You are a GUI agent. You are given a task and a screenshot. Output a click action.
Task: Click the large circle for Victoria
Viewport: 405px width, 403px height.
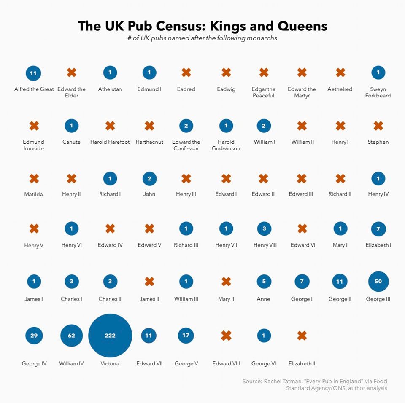pos(110,336)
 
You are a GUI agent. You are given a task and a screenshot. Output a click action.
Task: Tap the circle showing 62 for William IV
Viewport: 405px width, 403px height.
pos(72,336)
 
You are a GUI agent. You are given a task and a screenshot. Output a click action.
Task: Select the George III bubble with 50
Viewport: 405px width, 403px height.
pos(378,282)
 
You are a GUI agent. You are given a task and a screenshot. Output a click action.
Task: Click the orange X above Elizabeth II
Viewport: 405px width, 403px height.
pos(302,336)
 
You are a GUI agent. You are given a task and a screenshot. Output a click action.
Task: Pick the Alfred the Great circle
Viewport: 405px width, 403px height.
pos(33,73)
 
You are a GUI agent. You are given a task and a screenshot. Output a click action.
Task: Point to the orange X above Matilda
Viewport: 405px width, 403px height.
pos(34,179)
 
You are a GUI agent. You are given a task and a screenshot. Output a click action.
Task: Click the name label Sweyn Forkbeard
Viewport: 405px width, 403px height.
pos(378,92)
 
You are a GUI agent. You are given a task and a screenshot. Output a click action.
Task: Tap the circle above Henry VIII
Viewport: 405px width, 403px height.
pos(264,228)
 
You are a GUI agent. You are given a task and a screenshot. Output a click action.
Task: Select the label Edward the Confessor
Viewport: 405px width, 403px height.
pos(186,145)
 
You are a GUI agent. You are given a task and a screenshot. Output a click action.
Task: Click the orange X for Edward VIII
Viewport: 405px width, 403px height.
pos(226,336)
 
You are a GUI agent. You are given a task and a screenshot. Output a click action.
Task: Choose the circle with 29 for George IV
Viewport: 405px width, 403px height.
pos(34,336)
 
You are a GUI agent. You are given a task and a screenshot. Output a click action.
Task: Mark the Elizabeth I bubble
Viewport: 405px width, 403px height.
pos(378,228)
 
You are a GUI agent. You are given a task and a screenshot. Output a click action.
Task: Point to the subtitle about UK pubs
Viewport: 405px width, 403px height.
pos(202,38)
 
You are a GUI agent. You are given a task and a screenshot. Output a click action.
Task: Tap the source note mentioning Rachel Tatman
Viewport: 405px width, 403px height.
pos(315,384)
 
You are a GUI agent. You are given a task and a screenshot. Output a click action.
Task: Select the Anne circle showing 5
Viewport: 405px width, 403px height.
pos(264,282)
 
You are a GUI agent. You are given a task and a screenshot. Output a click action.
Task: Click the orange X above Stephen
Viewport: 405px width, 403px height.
pos(378,126)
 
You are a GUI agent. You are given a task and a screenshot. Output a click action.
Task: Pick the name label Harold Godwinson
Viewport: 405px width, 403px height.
pos(226,145)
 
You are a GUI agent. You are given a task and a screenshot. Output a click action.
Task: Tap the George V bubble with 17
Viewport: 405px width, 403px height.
pos(186,336)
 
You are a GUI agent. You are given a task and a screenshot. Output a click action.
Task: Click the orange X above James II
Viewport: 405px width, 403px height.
pos(149,282)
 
